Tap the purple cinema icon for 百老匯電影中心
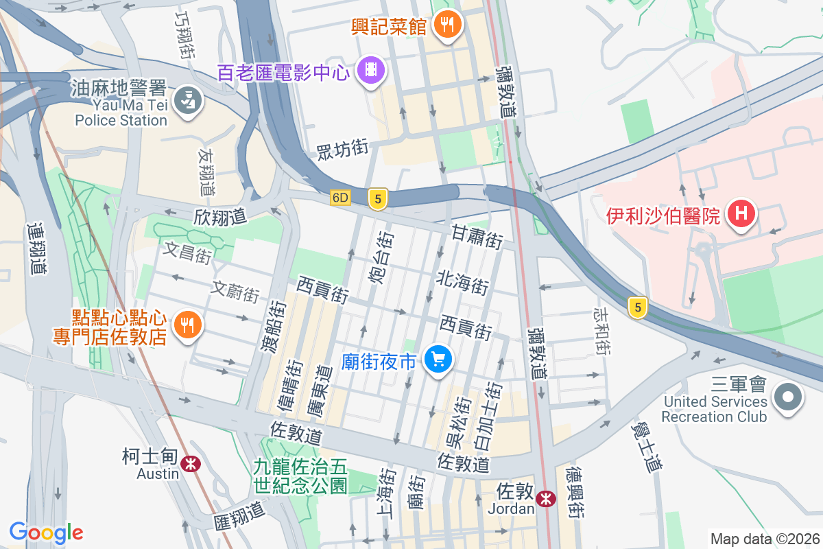pos(371,69)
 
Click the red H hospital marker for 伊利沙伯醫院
pos(741,213)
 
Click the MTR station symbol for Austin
pos(191,465)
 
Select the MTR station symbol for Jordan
pos(546,499)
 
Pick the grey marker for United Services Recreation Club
pos(787,397)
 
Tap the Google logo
pos(46,533)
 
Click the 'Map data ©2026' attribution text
pos(764,539)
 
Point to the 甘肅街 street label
pos(477,237)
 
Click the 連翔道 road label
pos(37,248)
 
